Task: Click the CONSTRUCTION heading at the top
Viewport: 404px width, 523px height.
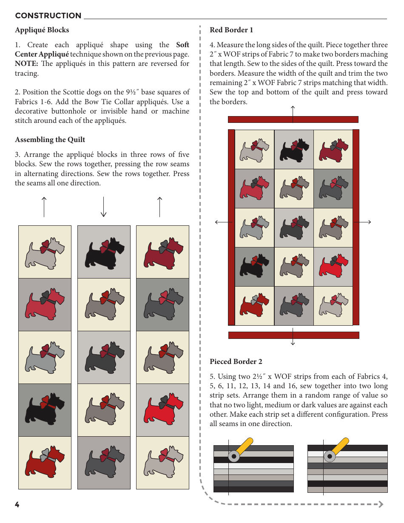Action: [x=48, y=16]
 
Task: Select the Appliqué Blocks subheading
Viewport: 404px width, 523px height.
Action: [x=42, y=30]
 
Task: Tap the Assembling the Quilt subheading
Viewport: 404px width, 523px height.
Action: [x=50, y=140]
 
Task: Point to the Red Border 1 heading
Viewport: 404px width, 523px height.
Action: [x=231, y=30]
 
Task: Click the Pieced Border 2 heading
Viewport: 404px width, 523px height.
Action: [x=236, y=362]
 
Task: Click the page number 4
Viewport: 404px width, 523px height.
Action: [x=17, y=505]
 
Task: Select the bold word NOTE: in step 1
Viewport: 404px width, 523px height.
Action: [x=26, y=64]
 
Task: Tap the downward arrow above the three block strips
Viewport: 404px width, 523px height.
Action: [x=103, y=207]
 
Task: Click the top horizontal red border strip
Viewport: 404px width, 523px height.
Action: [x=293, y=119]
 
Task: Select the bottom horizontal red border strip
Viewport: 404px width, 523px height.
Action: [x=293, y=335]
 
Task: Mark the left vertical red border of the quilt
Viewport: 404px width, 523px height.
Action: [x=231, y=227]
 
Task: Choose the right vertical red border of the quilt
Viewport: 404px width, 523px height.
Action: [x=356, y=227]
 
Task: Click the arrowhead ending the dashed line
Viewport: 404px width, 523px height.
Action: [x=381, y=504]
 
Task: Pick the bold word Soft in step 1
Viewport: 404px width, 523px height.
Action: [x=182, y=45]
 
